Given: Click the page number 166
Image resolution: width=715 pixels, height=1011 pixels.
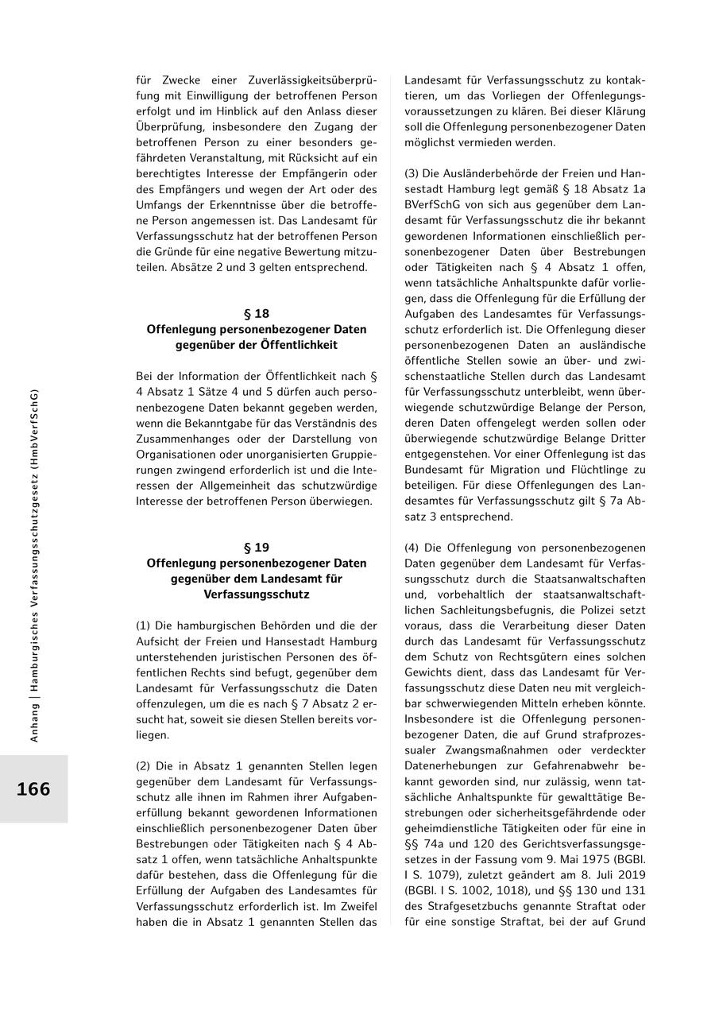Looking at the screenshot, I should tap(33, 789).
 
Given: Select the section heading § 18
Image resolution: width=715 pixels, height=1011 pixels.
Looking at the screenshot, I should tap(256, 314).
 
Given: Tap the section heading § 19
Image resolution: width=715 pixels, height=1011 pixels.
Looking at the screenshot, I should tap(256, 548).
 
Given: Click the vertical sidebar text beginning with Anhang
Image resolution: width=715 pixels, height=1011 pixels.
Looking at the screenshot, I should tap(34, 564).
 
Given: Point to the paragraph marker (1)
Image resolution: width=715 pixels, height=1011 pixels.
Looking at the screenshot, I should tap(144, 626).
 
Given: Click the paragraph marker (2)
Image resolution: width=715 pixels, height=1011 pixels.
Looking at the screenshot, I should tap(144, 766).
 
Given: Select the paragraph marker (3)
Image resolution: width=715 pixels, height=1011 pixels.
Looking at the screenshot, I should tap(412, 173).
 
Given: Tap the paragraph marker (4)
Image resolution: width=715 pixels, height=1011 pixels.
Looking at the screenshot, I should tap(412, 548).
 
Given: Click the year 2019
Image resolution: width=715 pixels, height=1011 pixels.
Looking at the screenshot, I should tap(630, 875).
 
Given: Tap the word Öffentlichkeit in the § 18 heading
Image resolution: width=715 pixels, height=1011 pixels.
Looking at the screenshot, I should tap(297, 345).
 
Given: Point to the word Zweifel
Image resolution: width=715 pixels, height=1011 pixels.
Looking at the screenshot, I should tap(357, 906).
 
